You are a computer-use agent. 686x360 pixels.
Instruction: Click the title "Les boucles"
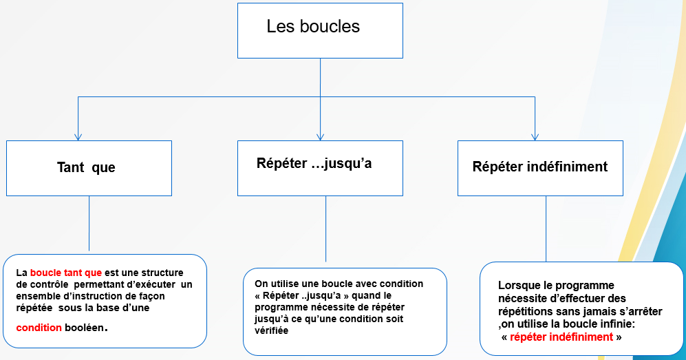click(x=313, y=26)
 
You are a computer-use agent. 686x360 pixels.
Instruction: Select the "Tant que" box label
click(x=86, y=167)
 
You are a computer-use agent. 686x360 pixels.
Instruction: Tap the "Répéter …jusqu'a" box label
click(x=314, y=163)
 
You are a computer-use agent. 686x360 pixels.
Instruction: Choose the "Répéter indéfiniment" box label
click(x=540, y=167)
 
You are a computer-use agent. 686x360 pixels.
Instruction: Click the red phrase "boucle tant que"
click(x=65, y=273)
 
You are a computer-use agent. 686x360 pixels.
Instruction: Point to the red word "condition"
click(x=39, y=328)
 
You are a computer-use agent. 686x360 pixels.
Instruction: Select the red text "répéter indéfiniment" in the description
click(x=561, y=337)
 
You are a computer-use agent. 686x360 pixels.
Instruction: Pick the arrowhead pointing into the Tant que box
click(x=78, y=137)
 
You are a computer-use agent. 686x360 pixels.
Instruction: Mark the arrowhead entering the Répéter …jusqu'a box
click(x=320, y=137)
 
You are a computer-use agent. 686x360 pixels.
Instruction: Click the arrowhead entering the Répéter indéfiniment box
click(x=535, y=137)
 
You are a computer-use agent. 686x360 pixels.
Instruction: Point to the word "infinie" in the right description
click(x=619, y=324)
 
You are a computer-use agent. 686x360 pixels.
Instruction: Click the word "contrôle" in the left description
click(x=47, y=284)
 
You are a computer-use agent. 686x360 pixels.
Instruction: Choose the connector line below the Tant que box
click(x=89, y=223)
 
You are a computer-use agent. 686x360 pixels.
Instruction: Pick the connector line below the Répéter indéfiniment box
click(x=546, y=229)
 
